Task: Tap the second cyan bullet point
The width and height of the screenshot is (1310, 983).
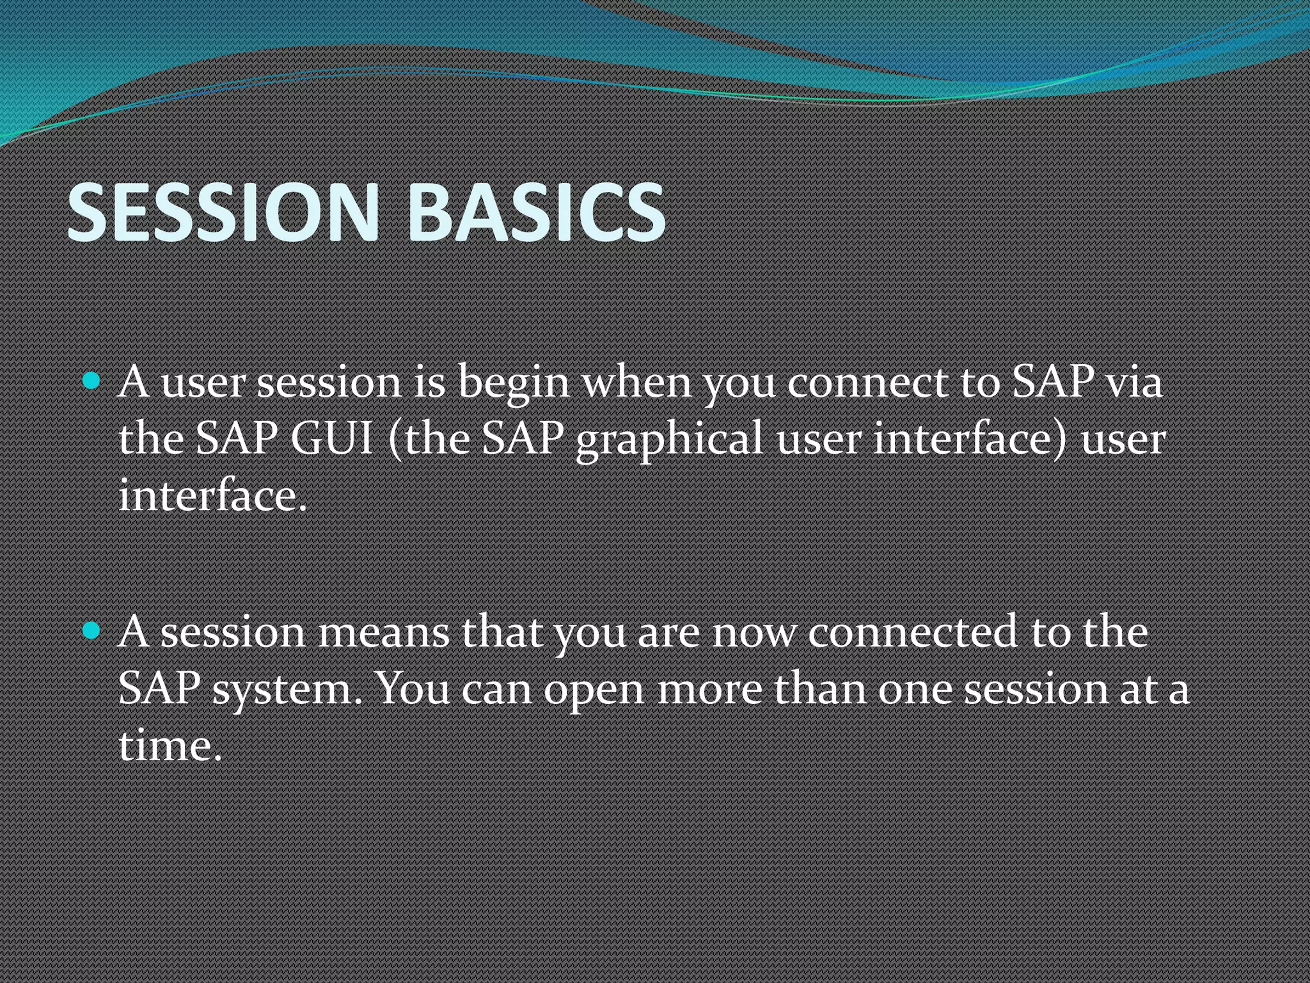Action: [92, 632]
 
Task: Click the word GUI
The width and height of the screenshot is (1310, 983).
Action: [332, 440]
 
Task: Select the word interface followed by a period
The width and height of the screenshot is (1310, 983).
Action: [212, 496]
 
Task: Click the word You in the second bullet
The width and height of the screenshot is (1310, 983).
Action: [413, 690]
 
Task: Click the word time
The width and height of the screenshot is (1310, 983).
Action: [170, 746]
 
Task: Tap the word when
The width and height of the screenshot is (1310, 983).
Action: [636, 383]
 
